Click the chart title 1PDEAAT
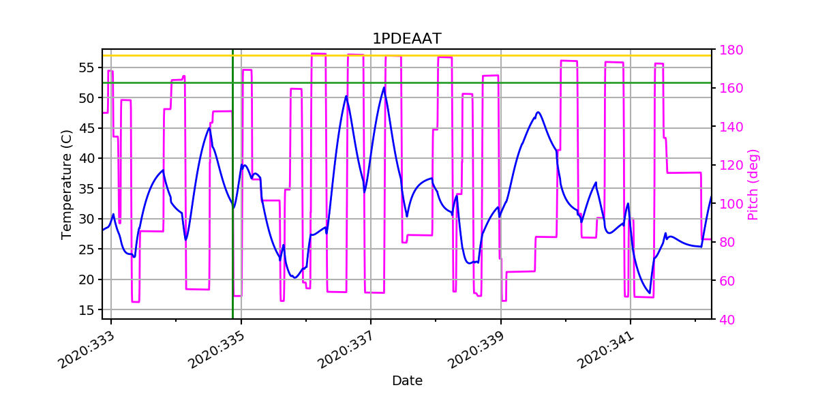click(406, 39)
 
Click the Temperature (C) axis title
click(67, 184)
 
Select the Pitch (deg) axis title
click(753, 184)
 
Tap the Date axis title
click(407, 381)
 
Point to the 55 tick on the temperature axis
click(85, 67)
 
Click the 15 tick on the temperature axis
click(85, 309)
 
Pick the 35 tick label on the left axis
click(85, 189)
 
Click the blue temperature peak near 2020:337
click(384, 87)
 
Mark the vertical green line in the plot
click(232, 204)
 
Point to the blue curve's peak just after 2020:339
click(538, 112)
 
